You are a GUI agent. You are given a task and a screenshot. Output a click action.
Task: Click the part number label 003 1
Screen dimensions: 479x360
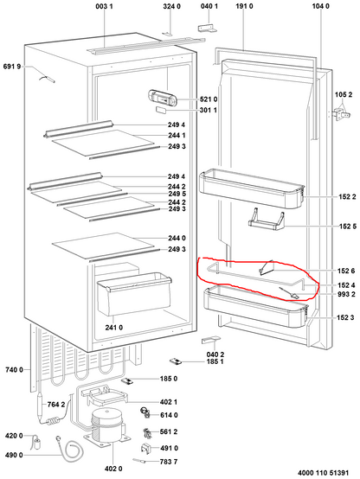point(104,7)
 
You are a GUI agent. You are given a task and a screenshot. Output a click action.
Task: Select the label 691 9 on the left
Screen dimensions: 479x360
point(10,66)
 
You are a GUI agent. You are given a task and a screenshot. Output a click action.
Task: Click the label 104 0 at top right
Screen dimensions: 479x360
point(321,7)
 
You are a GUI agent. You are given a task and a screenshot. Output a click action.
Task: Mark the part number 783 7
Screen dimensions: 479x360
point(169,462)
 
